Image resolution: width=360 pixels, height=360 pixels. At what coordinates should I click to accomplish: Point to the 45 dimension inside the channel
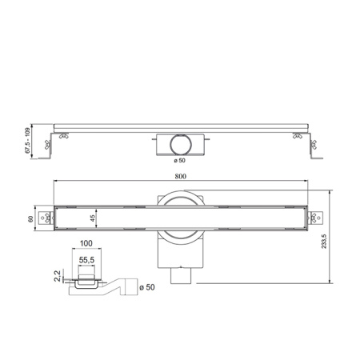93,218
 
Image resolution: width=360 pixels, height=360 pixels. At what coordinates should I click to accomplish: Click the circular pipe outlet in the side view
180,145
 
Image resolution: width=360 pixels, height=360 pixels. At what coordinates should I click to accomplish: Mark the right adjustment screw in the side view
309,144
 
